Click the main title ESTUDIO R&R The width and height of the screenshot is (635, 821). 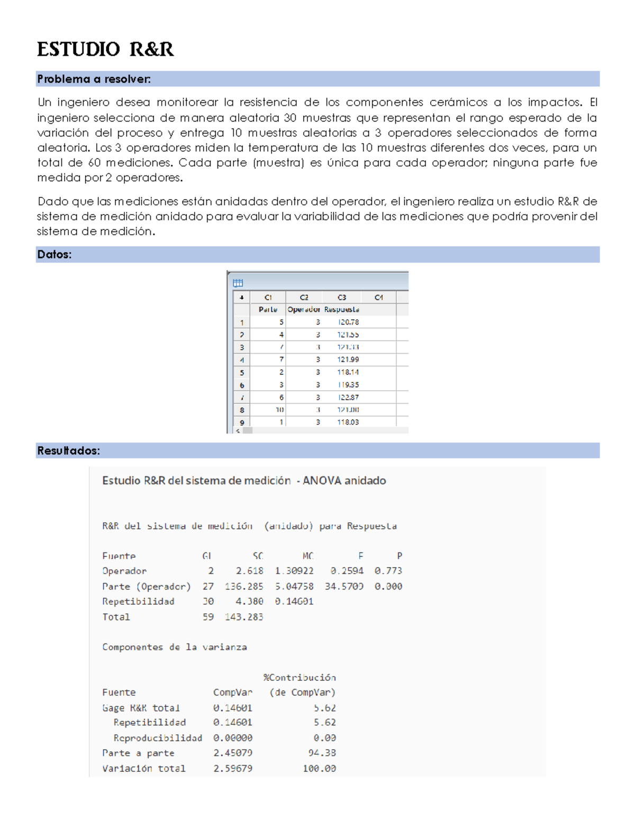[105, 50]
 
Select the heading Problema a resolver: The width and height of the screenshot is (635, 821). [94, 79]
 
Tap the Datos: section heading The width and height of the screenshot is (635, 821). [54, 254]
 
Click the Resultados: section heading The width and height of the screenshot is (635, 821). [68, 450]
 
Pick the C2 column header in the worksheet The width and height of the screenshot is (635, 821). [304, 297]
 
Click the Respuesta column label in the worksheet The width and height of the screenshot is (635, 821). [341, 309]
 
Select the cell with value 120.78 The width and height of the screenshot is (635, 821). [348, 322]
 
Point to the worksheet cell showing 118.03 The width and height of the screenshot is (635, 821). [348, 422]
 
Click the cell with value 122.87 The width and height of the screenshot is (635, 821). [348, 397]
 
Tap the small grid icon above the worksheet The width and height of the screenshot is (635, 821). [238, 283]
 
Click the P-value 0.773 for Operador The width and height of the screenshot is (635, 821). [388, 570]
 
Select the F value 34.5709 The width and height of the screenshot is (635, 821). [344, 586]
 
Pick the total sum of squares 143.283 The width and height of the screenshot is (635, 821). [244, 616]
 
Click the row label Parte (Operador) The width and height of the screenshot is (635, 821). [147, 586]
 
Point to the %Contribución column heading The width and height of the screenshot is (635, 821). [300, 677]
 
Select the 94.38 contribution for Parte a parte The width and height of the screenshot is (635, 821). [322, 753]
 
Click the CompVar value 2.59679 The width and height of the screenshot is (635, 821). [233, 768]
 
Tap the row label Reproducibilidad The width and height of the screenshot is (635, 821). [158, 737]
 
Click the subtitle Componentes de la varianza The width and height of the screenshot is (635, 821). [175, 647]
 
